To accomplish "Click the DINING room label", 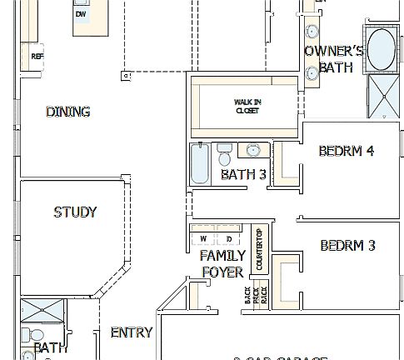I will (x=67, y=112).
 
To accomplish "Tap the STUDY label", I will (x=75, y=212).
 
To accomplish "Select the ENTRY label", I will (x=131, y=332).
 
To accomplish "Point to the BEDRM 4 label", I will (x=347, y=151).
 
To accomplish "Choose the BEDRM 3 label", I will (x=347, y=246).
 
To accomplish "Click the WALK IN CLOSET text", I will (x=247, y=106).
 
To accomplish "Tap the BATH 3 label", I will (x=243, y=174).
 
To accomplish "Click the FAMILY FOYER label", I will (x=222, y=263).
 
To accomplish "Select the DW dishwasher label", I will (x=81, y=14).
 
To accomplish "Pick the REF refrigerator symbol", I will (x=37, y=57).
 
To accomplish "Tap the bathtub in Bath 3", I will (x=199, y=165).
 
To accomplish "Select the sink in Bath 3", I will (x=252, y=151).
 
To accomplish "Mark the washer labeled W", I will (x=203, y=239).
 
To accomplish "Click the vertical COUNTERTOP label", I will (x=259, y=249).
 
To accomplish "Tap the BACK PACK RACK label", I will (x=255, y=294).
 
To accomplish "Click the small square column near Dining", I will (x=127, y=76).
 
